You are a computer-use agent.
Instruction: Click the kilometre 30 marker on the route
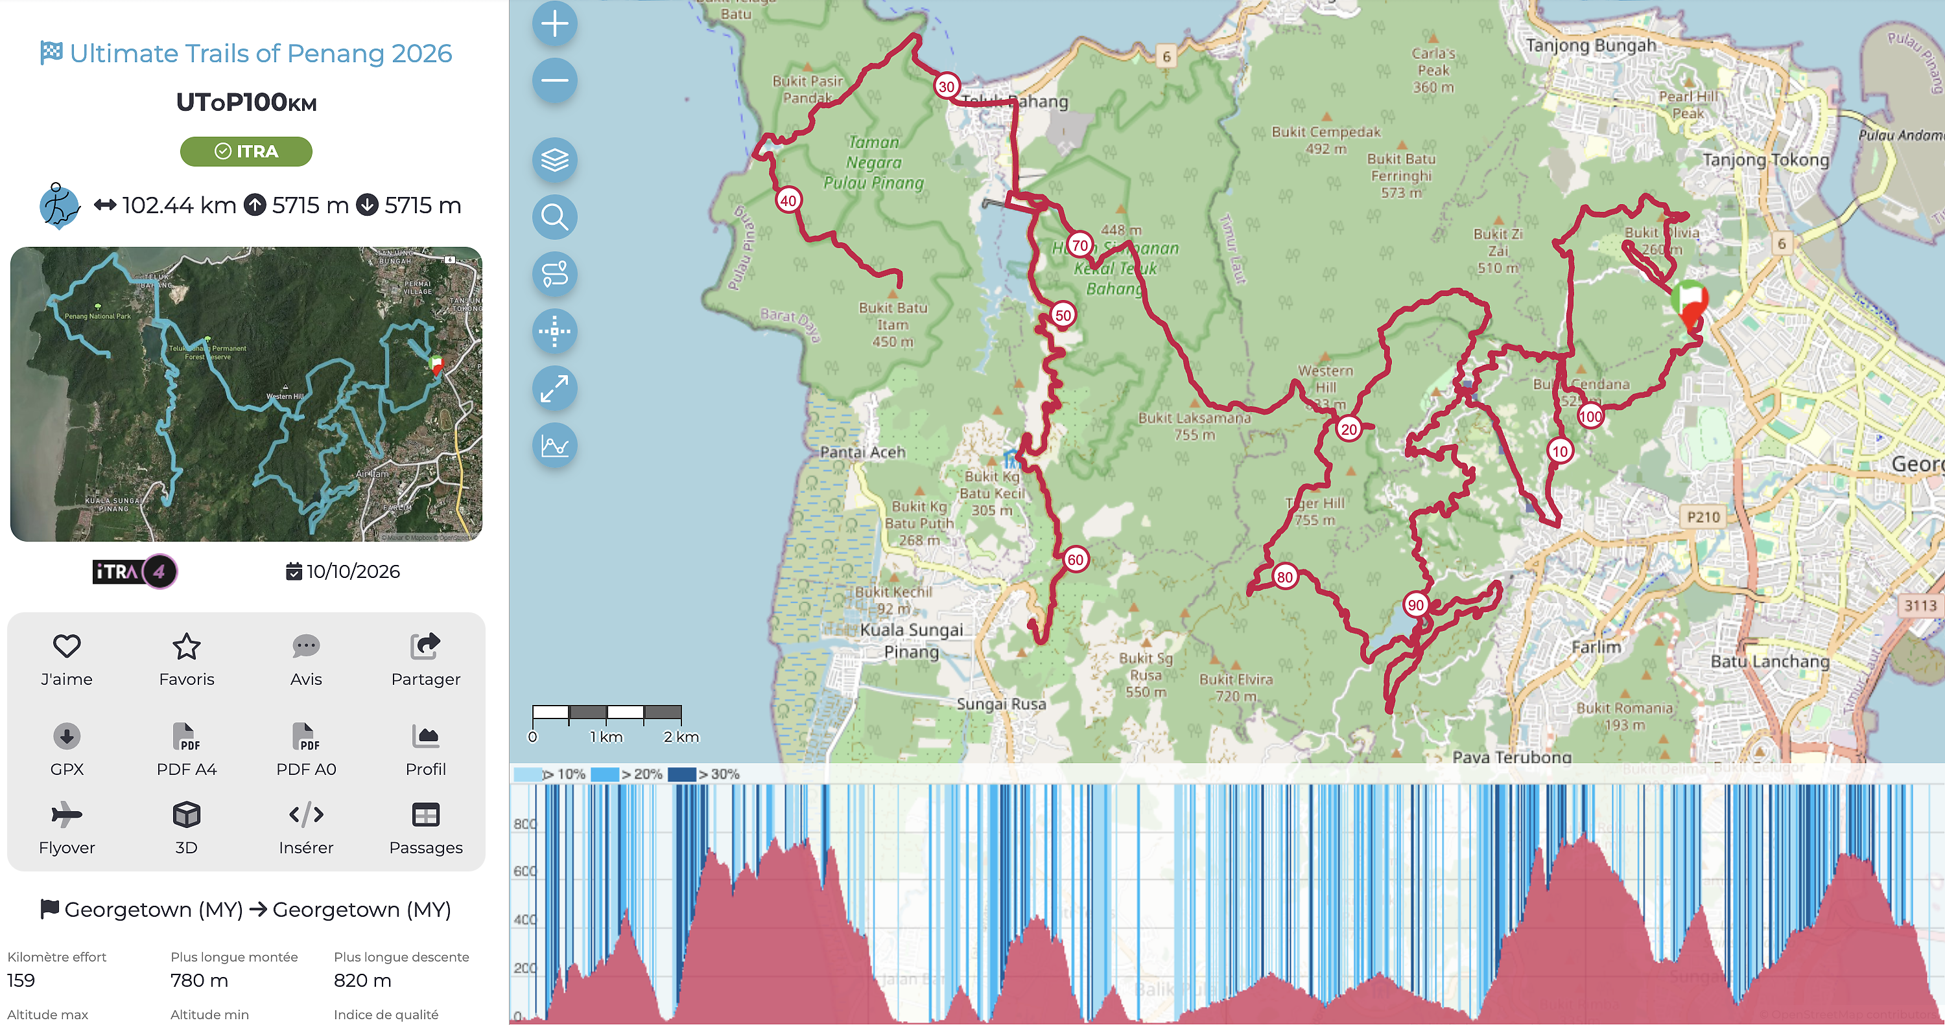tap(946, 86)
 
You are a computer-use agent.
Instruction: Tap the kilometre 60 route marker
tap(1075, 559)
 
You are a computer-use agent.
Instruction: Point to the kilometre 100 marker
tap(1590, 416)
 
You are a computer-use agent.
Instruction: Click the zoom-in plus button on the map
tap(555, 23)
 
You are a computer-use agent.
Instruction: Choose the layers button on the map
tap(555, 160)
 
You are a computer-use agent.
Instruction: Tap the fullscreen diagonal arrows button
tap(555, 389)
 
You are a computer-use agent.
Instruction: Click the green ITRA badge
tap(246, 151)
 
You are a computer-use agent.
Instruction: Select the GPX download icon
tap(66, 735)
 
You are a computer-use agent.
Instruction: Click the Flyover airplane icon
tap(66, 814)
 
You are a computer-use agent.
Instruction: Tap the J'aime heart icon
tap(66, 646)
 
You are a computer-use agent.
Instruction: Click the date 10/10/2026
tap(353, 571)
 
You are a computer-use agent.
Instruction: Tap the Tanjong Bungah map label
tap(1590, 45)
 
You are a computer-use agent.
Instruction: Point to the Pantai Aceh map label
tap(862, 452)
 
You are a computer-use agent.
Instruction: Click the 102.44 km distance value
tap(179, 205)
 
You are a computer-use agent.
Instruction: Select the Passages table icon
tap(426, 814)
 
